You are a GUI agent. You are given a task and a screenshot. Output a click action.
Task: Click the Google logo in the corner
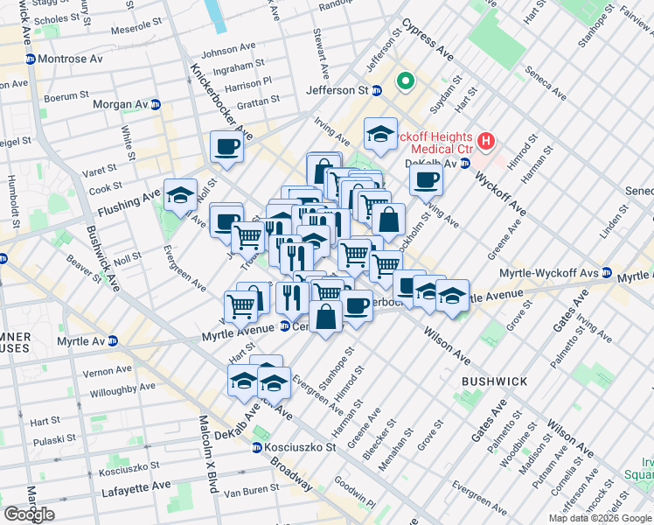click(x=29, y=514)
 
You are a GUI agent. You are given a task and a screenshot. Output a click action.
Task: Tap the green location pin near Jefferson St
click(x=405, y=82)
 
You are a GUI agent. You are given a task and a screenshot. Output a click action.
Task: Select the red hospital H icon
click(x=486, y=139)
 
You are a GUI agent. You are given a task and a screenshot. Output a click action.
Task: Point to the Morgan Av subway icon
click(x=156, y=104)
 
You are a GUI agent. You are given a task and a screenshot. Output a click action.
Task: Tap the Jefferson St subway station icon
click(x=376, y=90)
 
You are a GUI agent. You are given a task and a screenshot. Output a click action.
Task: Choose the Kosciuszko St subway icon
click(x=256, y=447)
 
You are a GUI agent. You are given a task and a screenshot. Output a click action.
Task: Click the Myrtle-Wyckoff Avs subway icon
click(x=606, y=274)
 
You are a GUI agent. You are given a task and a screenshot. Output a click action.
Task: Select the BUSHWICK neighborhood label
click(x=495, y=381)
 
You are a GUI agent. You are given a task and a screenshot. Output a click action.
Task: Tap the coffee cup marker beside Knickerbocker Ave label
click(x=226, y=146)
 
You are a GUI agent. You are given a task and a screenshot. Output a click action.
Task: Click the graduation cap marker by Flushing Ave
click(x=180, y=194)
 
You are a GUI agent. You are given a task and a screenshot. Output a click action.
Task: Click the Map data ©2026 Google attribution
click(x=600, y=518)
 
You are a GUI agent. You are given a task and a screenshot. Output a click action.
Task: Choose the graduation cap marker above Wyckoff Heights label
click(x=380, y=133)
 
